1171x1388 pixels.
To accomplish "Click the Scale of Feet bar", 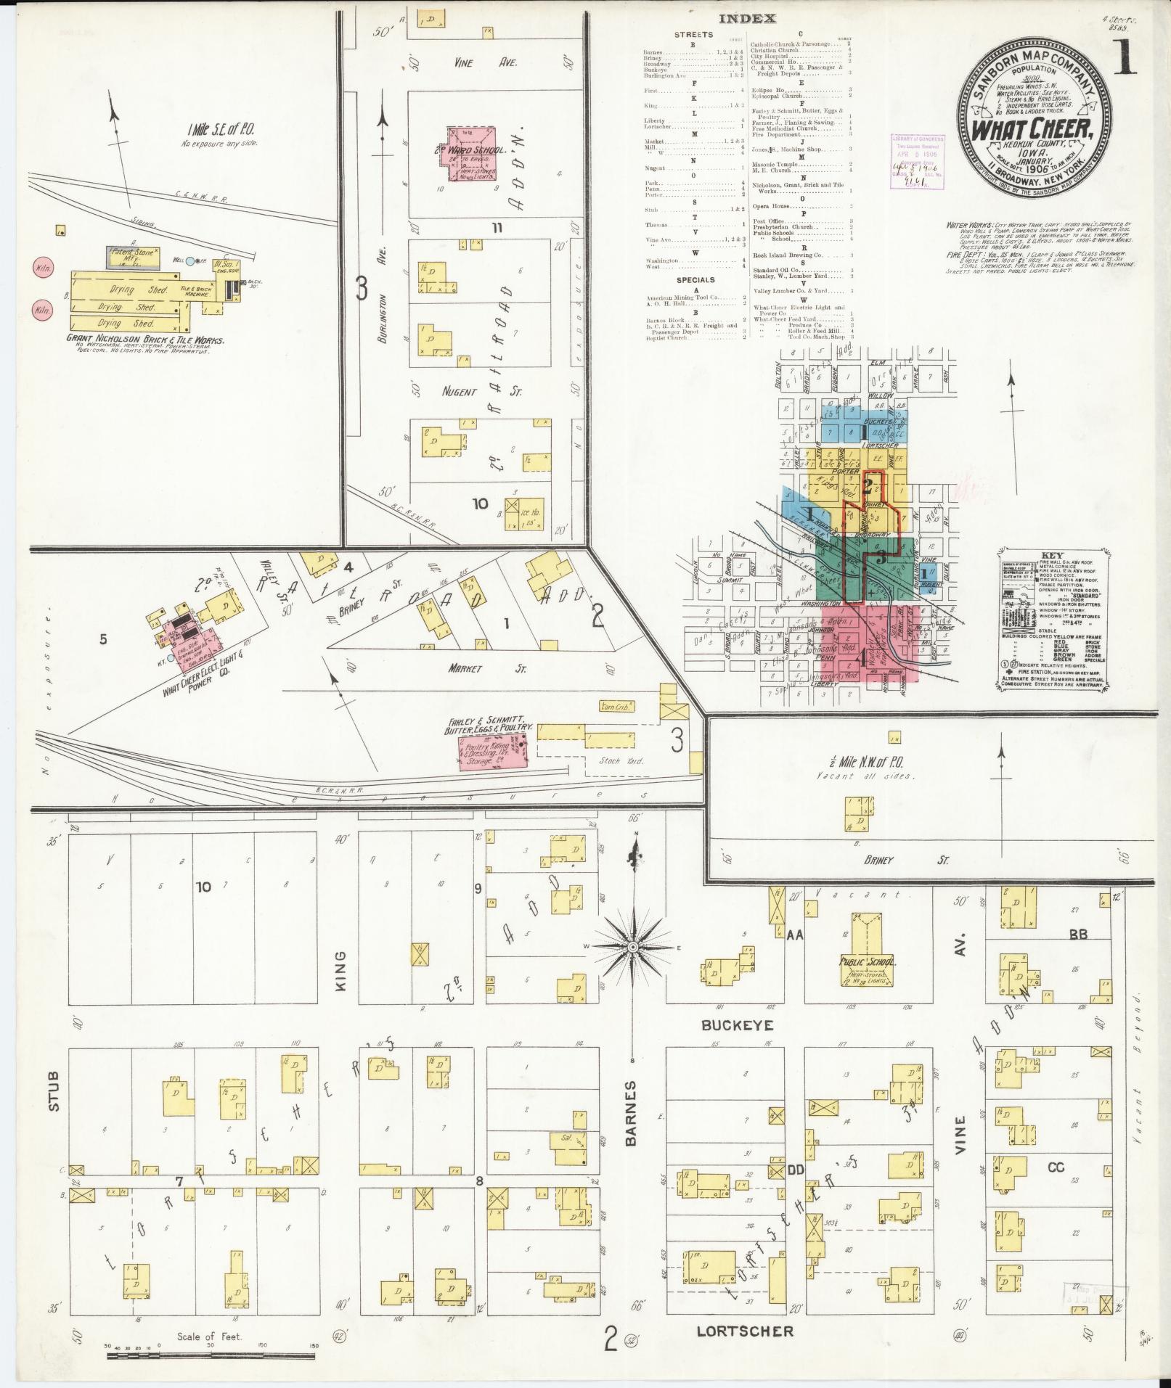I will point(211,1347).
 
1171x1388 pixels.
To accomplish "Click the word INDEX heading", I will point(747,20).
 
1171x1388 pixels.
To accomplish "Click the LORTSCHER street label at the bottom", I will point(745,1331).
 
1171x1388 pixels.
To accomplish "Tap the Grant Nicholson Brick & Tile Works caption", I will point(145,340).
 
